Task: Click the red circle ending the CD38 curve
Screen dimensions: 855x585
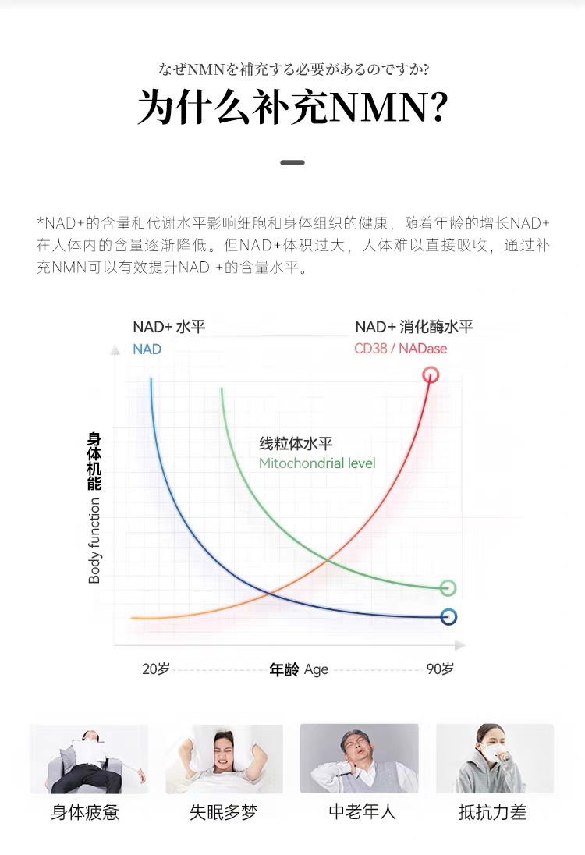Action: (x=431, y=375)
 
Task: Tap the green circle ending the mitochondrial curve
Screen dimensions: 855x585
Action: (x=448, y=588)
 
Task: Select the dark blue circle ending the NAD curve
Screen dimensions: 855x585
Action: (x=448, y=617)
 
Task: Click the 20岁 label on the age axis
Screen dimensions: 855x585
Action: (x=156, y=669)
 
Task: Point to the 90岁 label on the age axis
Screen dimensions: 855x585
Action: (x=440, y=669)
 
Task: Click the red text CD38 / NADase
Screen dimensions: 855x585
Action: (x=401, y=349)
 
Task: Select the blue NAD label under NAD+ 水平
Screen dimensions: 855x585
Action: (x=147, y=349)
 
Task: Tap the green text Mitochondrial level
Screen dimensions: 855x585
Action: (x=317, y=463)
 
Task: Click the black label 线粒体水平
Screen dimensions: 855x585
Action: (x=296, y=444)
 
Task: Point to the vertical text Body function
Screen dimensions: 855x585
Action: (x=94, y=541)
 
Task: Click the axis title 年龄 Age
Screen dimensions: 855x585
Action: (x=299, y=669)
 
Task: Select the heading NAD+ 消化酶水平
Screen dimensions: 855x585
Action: (x=414, y=327)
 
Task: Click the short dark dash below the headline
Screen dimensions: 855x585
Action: (x=292, y=163)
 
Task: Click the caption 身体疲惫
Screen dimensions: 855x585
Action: (x=85, y=812)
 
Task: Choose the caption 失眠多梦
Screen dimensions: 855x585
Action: (x=224, y=812)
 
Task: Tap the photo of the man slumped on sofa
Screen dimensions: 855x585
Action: (x=89, y=759)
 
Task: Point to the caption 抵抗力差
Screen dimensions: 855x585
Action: (x=493, y=812)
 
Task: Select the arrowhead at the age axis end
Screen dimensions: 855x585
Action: (x=460, y=646)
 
